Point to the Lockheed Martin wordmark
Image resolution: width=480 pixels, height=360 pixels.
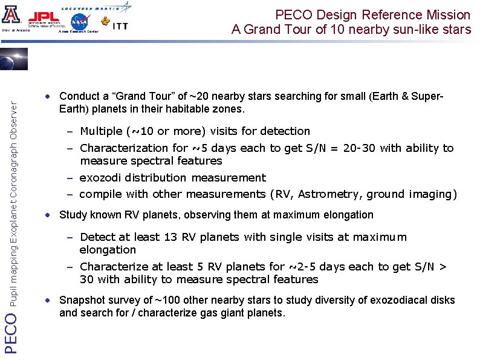click(x=91, y=4)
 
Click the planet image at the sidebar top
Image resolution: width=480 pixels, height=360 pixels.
click(x=13, y=61)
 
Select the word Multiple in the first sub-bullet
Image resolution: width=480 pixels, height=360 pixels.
click(x=102, y=131)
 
